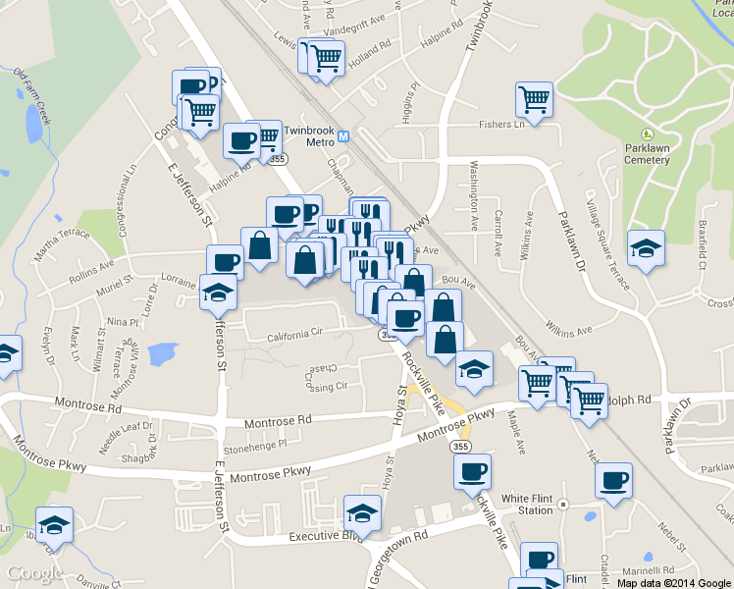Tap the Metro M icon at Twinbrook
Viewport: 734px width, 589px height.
point(342,132)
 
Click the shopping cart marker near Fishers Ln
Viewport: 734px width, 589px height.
point(534,100)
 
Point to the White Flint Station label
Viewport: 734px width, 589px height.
point(527,505)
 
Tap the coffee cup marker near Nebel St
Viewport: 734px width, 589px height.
point(614,482)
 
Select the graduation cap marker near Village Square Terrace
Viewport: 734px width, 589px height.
point(646,248)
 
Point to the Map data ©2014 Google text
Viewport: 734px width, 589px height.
point(675,582)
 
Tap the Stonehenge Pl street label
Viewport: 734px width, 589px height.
point(254,444)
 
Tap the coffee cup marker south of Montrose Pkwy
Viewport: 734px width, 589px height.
point(472,473)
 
